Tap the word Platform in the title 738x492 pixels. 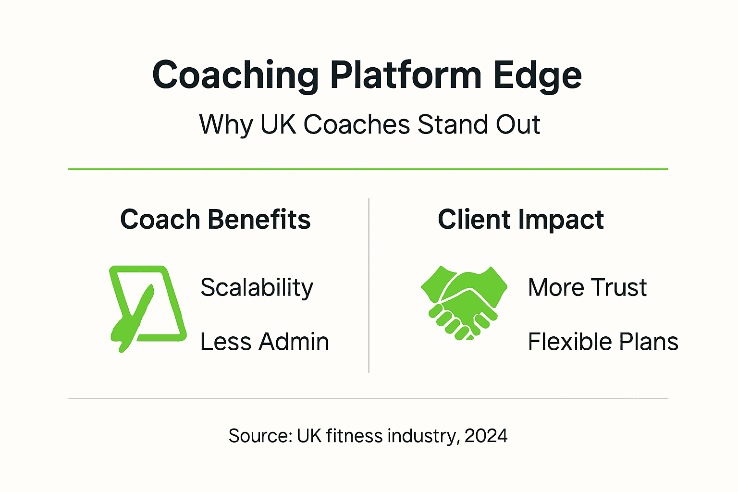(x=406, y=75)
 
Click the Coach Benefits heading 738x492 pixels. (x=215, y=220)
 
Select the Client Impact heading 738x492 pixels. (x=520, y=220)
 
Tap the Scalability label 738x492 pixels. (x=257, y=288)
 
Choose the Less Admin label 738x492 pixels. (x=264, y=342)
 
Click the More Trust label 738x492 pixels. (x=587, y=287)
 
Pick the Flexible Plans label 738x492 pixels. (x=603, y=342)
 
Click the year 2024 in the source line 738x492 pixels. (x=486, y=436)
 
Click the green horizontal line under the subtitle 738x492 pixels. (x=368, y=169)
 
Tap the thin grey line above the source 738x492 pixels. (x=368, y=398)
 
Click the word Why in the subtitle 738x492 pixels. (x=225, y=125)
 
